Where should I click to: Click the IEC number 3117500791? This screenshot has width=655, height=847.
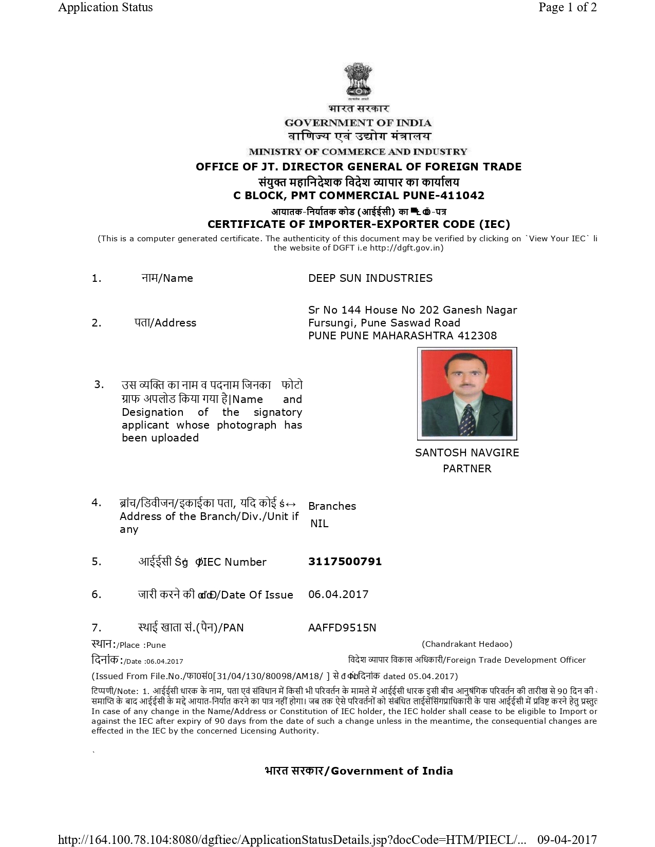(x=345, y=561)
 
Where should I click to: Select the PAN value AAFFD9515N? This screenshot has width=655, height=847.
(x=342, y=627)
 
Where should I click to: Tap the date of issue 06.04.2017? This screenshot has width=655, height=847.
(x=338, y=594)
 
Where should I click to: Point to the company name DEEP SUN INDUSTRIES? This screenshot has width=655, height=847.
(x=370, y=278)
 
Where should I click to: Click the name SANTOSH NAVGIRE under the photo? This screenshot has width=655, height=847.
(x=467, y=452)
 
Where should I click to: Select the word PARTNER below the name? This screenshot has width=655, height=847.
(x=467, y=468)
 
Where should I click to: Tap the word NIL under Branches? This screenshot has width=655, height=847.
(x=319, y=523)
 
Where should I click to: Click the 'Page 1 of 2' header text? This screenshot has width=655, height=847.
(x=567, y=7)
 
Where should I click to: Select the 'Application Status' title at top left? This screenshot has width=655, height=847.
(x=105, y=7)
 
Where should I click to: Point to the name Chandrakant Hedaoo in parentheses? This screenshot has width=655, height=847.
(x=467, y=644)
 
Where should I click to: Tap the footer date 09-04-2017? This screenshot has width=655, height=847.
(x=567, y=840)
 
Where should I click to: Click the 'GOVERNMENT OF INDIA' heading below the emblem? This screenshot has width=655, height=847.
(x=358, y=123)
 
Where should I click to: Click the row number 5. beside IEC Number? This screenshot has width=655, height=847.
(x=97, y=561)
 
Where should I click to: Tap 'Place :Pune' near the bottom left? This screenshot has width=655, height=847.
(x=141, y=645)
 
